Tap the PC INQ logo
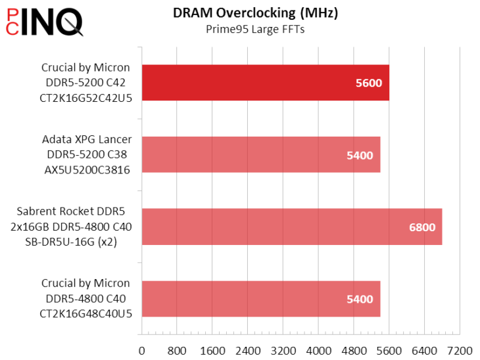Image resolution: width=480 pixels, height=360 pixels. tap(43, 22)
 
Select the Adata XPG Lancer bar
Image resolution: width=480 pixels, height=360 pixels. tap(260, 155)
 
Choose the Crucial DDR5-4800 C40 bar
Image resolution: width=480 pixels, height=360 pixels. tap(260, 299)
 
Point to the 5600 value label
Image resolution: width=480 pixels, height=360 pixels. tap(368, 83)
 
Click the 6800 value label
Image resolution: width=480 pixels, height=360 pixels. tap(421, 227)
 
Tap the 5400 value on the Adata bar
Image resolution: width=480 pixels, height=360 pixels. tap(360, 156)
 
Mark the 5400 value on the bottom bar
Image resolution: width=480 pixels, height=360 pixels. tap(360, 300)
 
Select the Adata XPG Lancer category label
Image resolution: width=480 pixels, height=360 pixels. tap(86, 155)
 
